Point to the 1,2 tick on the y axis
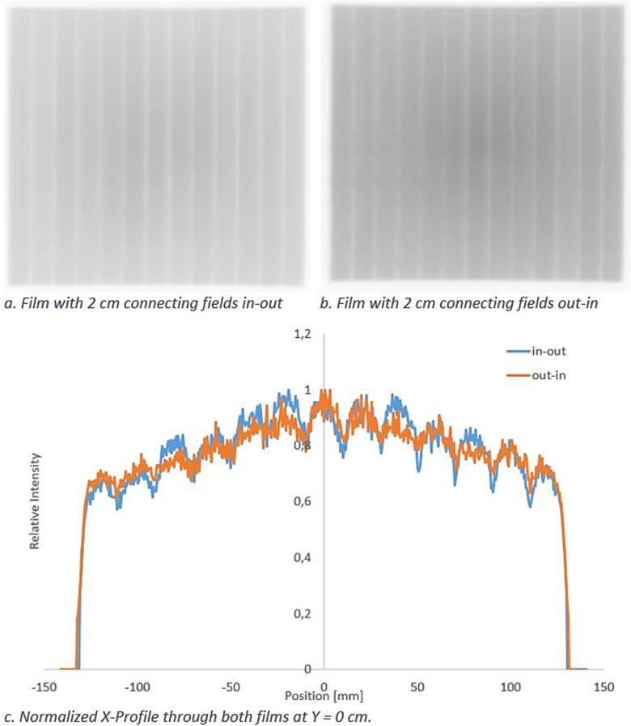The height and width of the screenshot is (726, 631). click(303, 333)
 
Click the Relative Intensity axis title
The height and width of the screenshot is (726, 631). click(35, 501)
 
